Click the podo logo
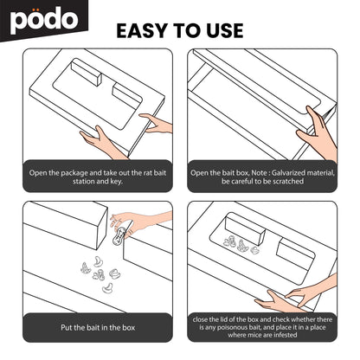44,20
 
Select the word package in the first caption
74,173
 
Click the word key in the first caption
116,182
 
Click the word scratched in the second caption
288,182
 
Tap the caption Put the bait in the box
98,328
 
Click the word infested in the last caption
285,335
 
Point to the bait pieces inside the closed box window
241,245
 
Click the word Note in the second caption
259,173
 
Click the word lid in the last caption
223,319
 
